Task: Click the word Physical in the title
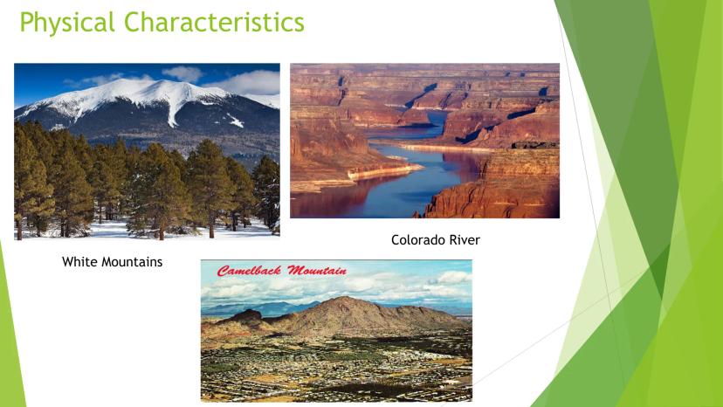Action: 67,23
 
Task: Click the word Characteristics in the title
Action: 215,22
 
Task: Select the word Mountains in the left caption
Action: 131,262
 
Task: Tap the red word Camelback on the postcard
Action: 249,271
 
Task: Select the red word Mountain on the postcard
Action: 317,271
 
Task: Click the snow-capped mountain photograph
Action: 147,151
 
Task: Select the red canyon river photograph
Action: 424,141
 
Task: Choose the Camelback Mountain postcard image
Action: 336,330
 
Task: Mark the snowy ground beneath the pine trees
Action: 138,230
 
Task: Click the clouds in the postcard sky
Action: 336,288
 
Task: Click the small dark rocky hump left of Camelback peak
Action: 248,315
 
